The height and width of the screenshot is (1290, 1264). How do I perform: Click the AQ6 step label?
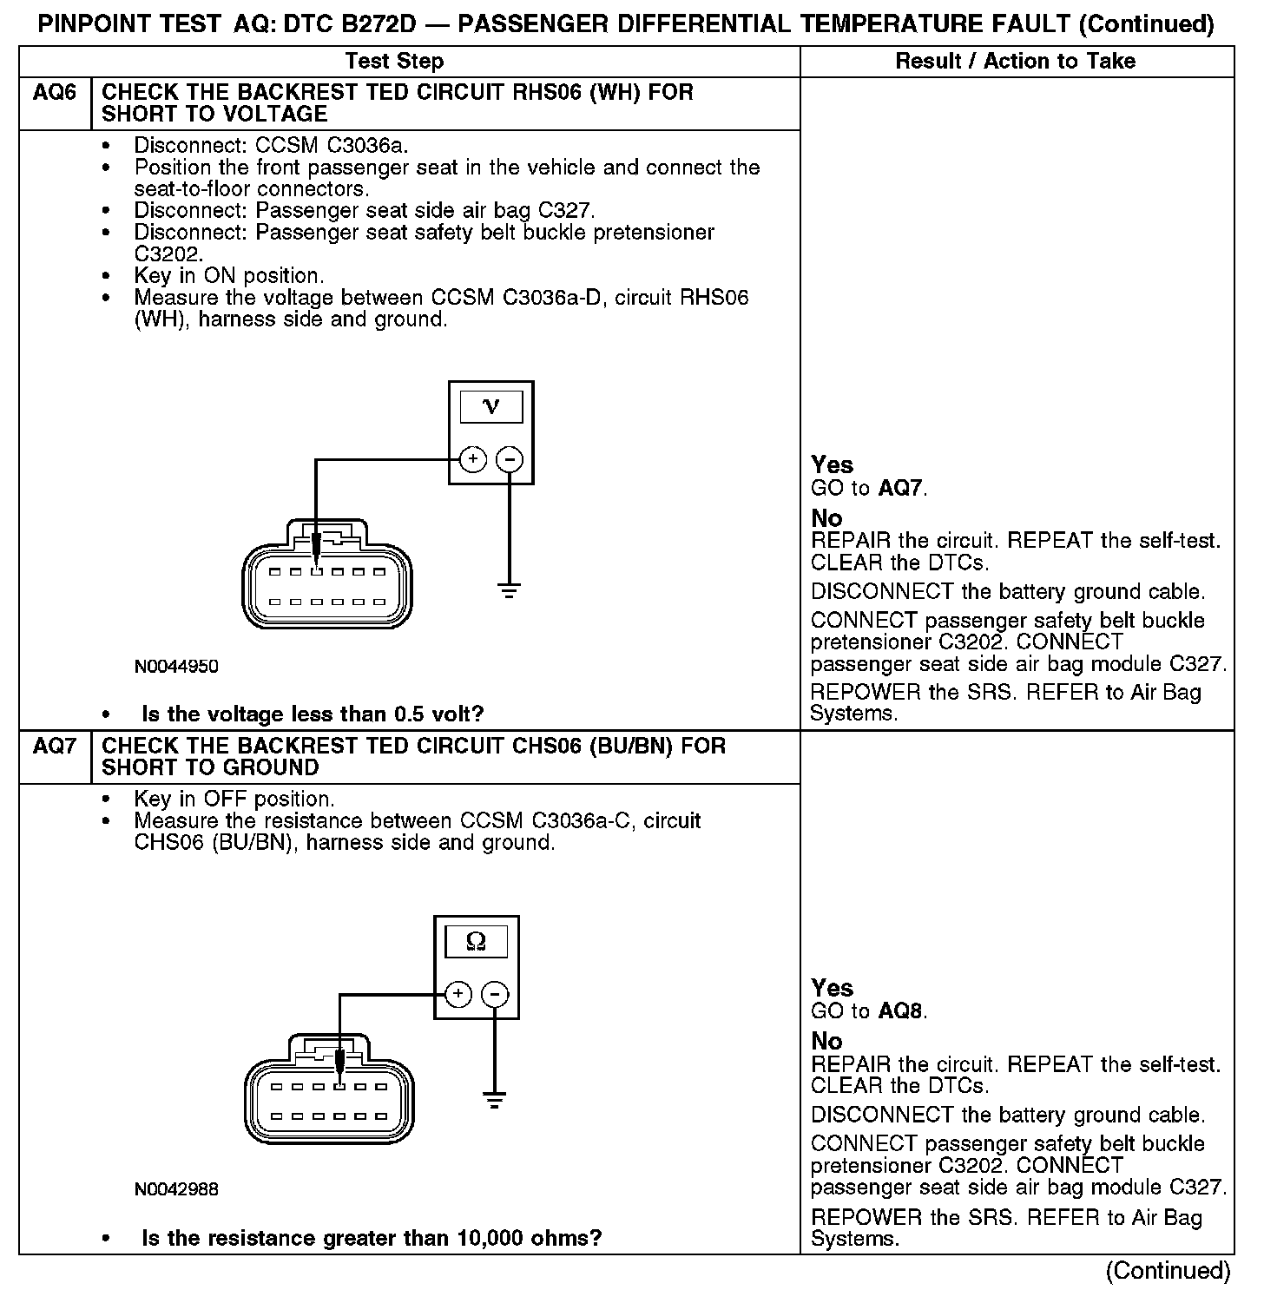[54, 93]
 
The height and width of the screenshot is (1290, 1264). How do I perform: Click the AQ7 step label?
[54, 747]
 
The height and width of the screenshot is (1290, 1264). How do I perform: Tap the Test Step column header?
[394, 61]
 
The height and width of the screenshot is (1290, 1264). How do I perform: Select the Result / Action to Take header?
[1015, 61]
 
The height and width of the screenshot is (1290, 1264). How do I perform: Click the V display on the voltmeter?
[490, 406]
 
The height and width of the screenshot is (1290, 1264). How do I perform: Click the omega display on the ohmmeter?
[476, 941]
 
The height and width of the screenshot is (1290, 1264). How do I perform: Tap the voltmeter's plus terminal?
[472, 459]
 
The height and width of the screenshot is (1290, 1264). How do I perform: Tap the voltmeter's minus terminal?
[510, 459]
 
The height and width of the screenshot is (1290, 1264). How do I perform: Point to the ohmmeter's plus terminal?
[458, 994]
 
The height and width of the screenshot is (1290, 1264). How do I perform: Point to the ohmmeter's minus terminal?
[495, 994]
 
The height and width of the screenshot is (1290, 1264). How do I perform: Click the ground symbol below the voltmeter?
[510, 590]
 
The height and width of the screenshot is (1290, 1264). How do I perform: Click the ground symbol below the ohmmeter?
[495, 1102]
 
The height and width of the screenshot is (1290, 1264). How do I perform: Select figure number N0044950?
[176, 667]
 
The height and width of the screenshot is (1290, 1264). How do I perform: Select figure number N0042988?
[176, 1189]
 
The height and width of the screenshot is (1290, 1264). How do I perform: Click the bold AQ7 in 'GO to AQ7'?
[900, 488]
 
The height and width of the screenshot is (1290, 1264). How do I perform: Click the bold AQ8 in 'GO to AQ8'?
[900, 1011]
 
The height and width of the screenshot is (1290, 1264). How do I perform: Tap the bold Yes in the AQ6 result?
[832, 464]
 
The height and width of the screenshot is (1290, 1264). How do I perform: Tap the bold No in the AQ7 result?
[826, 1041]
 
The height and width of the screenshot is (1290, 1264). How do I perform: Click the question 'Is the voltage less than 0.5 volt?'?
[313, 714]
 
